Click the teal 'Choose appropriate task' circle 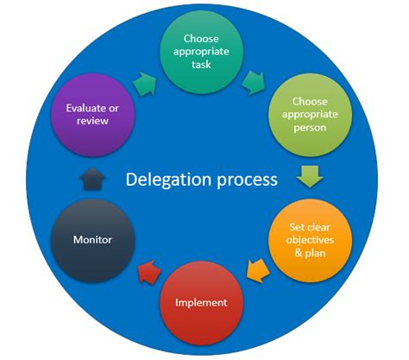pyautogui.click(x=202, y=52)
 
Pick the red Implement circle pyautogui.click(x=201, y=302)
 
